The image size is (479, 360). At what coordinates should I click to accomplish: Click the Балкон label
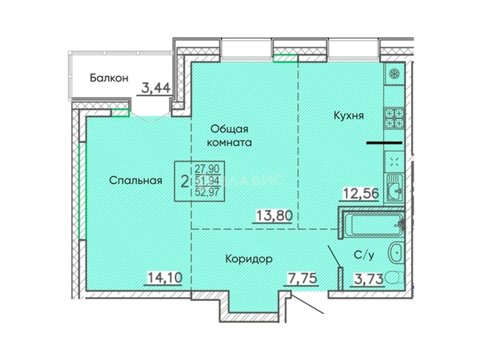click(x=109, y=78)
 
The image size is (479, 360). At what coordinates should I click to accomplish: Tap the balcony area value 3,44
click(x=156, y=89)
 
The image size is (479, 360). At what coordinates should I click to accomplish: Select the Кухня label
click(x=348, y=115)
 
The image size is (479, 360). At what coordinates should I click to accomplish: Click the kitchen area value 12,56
click(x=361, y=193)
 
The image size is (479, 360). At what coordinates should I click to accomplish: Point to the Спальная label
click(x=135, y=181)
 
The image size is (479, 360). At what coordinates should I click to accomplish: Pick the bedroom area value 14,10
click(x=165, y=278)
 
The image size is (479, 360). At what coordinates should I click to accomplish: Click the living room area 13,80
click(x=274, y=216)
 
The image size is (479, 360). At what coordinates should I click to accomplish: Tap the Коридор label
click(x=249, y=259)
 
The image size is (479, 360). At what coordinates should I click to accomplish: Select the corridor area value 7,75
click(x=302, y=278)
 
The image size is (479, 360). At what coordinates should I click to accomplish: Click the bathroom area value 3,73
click(x=369, y=278)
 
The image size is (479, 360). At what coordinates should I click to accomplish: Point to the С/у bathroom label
click(x=364, y=255)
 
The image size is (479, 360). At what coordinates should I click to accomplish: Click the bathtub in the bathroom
click(x=374, y=225)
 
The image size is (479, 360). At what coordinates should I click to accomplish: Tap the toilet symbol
click(x=394, y=279)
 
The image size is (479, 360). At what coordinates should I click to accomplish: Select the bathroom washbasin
click(x=396, y=253)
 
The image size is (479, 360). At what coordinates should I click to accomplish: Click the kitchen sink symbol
click(x=395, y=188)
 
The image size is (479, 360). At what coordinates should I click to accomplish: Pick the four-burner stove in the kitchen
click(x=394, y=119)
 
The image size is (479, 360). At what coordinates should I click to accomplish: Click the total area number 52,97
click(x=207, y=192)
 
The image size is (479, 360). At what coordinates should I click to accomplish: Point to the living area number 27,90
click(x=207, y=169)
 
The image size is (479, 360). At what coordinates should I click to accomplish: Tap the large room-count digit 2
click(x=184, y=182)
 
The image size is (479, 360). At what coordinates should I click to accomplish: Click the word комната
click(x=229, y=143)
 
